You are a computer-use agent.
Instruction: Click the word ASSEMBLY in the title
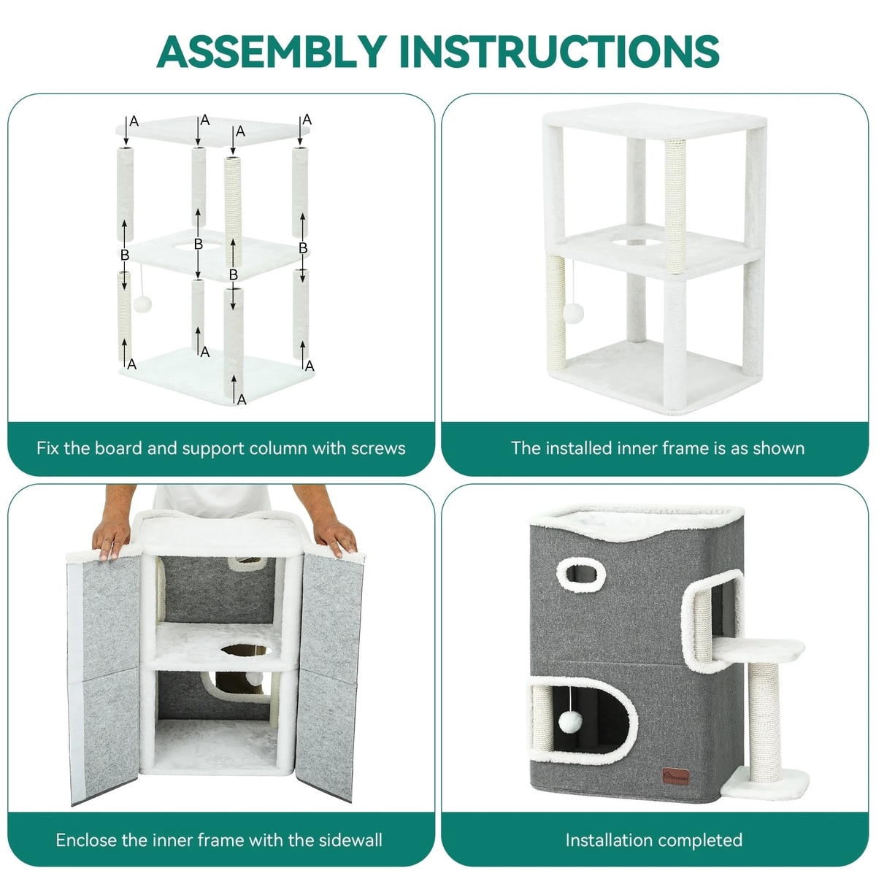click(x=272, y=51)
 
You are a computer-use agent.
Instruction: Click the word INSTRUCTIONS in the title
click(x=560, y=51)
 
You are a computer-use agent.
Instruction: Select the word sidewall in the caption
click(x=350, y=839)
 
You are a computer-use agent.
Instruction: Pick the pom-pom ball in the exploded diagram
click(x=142, y=304)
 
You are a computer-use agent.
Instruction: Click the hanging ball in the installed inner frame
click(x=573, y=314)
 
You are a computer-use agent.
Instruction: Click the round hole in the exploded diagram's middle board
click(x=199, y=245)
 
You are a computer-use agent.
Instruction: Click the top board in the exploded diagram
click(x=212, y=131)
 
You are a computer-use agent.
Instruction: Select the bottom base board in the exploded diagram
click(x=216, y=374)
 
